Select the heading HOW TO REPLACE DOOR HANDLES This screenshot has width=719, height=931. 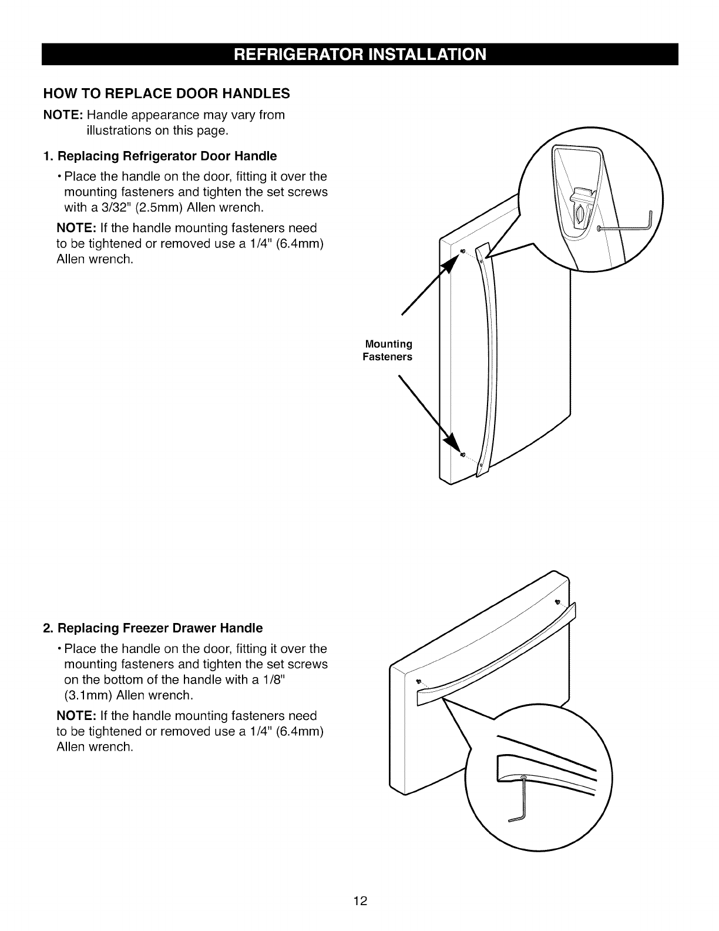click(x=167, y=93)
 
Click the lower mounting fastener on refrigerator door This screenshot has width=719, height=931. click(x=462, y=455)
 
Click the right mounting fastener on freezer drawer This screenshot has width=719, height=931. click(x=557, y=602)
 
